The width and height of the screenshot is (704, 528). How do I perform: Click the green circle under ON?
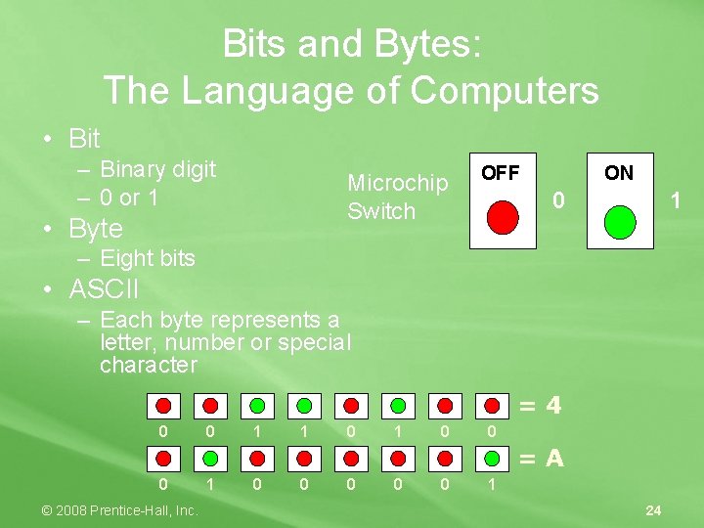click(x=620, y=221)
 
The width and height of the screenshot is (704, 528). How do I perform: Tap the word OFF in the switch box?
click(x=501, y=173)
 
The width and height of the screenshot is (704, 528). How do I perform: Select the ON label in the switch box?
click(x=618, y=173)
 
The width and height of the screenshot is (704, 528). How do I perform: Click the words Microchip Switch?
click(x=397, y=197)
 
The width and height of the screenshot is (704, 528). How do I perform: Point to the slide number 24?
click(x=654, y=509)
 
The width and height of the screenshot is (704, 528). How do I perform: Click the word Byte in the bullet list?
click(x=96, y=229)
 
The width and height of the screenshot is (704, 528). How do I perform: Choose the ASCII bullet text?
click(x=104, y=289)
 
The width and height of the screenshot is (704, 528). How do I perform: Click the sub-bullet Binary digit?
click(x=157, y=169)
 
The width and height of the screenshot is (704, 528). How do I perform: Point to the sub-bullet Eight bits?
click(x=147, y=258)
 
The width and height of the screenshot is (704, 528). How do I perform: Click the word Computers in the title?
click(x=505, y=91)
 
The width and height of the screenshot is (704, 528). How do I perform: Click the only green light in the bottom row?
click(x=210, y=457)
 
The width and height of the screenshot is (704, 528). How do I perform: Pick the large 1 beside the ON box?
click(x=674, y=201)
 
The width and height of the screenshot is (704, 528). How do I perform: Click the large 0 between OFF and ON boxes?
click(x=557, y=201)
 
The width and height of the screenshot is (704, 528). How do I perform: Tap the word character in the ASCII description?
click(x=148, y=366)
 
